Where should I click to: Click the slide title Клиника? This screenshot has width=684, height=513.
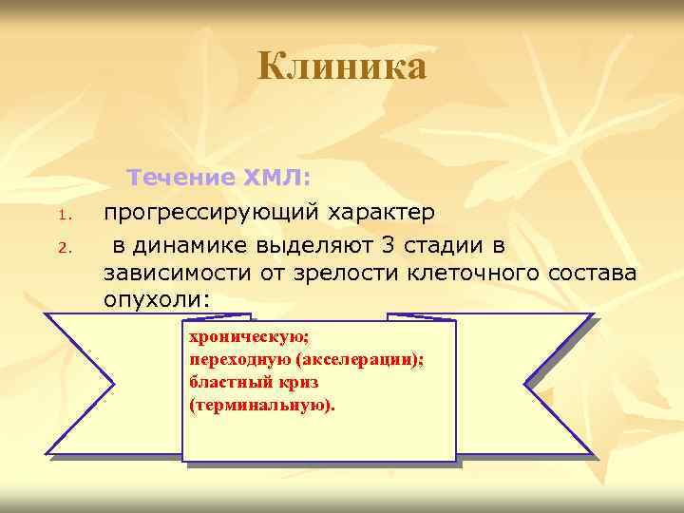coord(342,67)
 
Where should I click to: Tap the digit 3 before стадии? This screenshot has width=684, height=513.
coord(386,247)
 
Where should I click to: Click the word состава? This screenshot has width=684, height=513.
coord(588,274)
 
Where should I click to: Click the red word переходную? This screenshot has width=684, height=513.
coord(238,360)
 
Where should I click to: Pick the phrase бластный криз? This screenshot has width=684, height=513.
coord(254,382)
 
